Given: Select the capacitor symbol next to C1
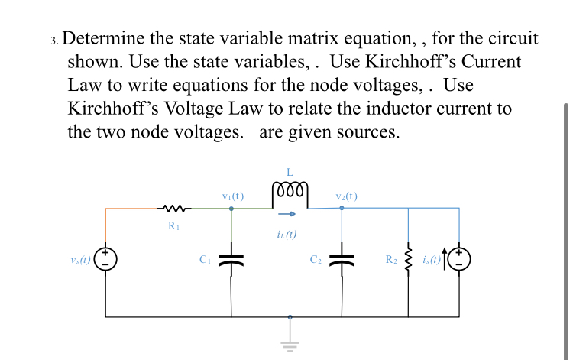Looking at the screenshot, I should coord(231,260).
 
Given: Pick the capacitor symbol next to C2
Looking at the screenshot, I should coord(342,260).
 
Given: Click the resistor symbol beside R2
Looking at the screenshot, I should coord(408,260).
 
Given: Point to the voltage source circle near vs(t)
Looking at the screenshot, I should coord(105,260).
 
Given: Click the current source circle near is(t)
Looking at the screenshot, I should coord(459,260).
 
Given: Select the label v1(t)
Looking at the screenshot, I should coord(231,196).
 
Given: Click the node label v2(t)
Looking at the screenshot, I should coord(342,196).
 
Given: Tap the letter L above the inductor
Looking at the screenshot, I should coord(290,170).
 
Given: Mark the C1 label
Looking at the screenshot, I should coord(205,260).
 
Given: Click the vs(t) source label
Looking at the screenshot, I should coord(79,260).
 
